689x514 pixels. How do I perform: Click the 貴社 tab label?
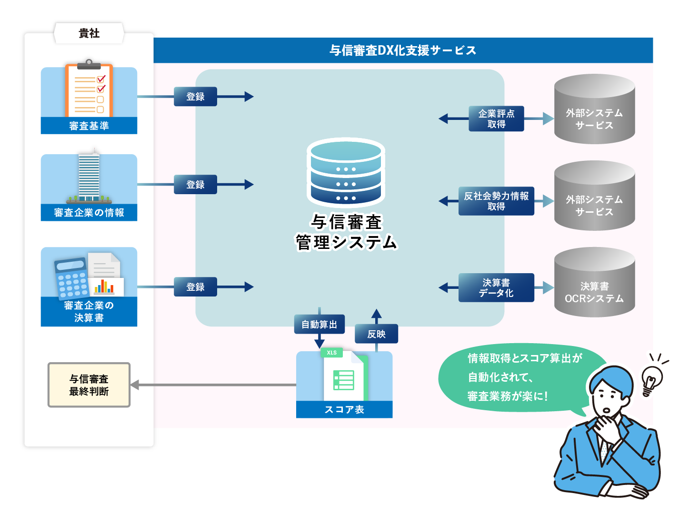pyautogui.click(x=89, y=33)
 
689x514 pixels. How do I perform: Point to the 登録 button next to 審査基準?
pyautogui.click(x=195, y=97)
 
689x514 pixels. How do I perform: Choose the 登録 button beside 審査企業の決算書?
pyautogui.click(x=195, y=287)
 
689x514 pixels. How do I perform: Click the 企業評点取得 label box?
pyautogui.click(x=496, y=119)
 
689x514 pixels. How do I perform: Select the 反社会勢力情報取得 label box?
pyautogui.click(x=496, y=201)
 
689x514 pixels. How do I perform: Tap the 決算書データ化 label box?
pyautogui.click(x=496, y=287)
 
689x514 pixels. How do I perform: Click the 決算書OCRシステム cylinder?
pyautogui.click(x=594, y=283)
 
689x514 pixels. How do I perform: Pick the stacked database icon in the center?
pyautogui.click(x=346, y=172)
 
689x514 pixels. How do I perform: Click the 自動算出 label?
pyautogui.click(x=319, y=325)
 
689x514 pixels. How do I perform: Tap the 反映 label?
pyautogui.click(x=376, y=334)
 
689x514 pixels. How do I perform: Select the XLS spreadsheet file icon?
pyautogui.click(x=344, y=376)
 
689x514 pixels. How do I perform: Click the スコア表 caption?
pyautogui.click(x=344, y=409)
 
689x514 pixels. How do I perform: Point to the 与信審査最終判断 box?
pyautogui.click(x=89, y=385)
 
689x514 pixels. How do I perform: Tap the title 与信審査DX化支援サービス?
pyautogui.click(x=403, y=50)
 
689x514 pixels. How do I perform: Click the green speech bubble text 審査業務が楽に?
pyautogui.click(x=508, y=396)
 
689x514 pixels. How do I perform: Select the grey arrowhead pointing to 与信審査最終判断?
pyautogui.click(x=135, y=385)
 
